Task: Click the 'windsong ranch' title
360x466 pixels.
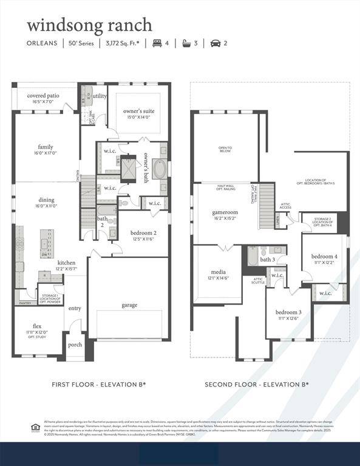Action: point(89,25)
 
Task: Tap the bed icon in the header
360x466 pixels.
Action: point(157,43)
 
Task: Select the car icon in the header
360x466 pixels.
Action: point(215,43)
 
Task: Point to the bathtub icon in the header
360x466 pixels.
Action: point(186,43)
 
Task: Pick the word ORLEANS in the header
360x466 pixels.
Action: point(42,43)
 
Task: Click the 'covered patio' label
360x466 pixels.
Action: point(43,95)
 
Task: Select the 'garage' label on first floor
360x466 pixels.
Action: point(129,305)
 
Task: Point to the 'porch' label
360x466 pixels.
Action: point(75,345)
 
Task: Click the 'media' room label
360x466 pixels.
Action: point(218,272)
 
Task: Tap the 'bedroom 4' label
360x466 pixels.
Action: point(325,256)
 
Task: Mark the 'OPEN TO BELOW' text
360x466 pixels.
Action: point(225,149)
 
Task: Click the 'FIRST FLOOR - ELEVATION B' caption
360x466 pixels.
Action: point(98,384)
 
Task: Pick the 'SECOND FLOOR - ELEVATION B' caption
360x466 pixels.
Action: point(256,384)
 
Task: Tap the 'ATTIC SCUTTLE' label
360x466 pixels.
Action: point(257,280)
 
